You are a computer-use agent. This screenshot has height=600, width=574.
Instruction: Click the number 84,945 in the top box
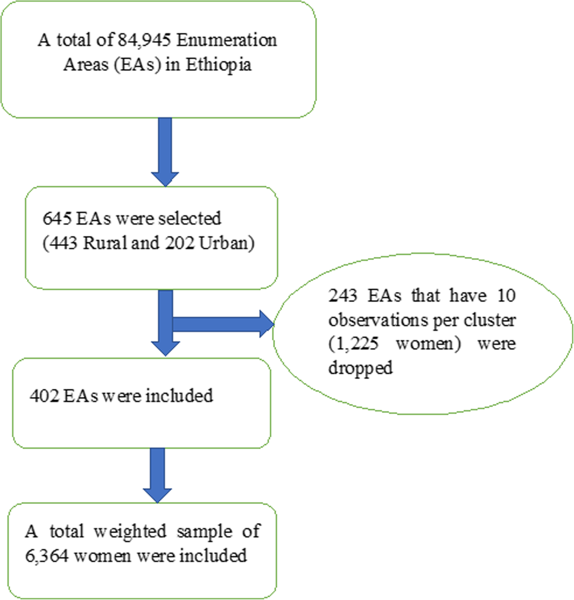(x=145, y=40)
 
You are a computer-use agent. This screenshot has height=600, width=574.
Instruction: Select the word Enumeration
(x=227, y=40)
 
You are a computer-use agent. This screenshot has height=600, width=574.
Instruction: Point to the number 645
(x=57, y=219)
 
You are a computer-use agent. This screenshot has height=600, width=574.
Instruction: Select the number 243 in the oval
(x=343, y=295)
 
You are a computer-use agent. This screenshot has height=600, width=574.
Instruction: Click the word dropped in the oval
(x=360, y=368)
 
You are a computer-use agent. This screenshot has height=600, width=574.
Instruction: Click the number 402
(x=44, y=396)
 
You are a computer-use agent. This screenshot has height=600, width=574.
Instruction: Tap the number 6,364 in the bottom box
(x=47, y=555)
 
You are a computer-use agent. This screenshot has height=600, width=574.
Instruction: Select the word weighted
(x=130, y=531)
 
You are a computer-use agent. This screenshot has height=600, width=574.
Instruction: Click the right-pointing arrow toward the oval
(x=227, y=324)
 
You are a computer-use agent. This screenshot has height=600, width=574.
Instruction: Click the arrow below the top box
(x=165, y=152)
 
